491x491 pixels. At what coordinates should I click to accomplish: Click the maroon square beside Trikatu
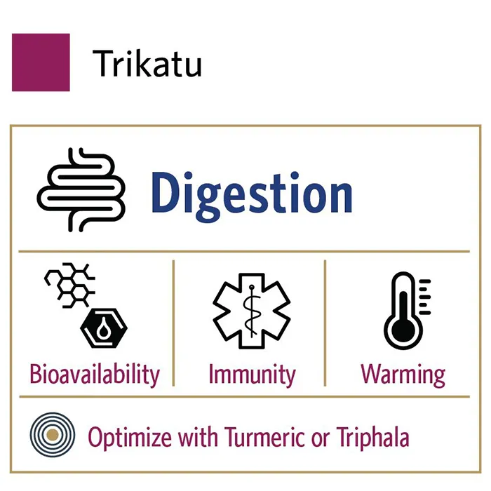point(41,62)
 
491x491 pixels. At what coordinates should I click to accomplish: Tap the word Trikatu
point(147,64)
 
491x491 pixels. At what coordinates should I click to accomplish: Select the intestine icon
point(81,190)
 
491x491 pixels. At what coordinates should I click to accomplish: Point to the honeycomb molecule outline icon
point(69,285)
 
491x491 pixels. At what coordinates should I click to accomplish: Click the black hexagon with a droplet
point(104,328)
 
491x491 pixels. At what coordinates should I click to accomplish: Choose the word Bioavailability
point(95,375)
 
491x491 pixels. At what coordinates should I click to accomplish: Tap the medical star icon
point(252,311)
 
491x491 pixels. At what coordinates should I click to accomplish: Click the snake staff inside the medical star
point(252,311)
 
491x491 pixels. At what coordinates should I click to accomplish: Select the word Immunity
point(252,375)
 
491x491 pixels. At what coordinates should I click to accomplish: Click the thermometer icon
point(407,311)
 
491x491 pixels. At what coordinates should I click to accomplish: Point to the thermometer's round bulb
point(403,331)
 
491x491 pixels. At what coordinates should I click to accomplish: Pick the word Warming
point(403,375)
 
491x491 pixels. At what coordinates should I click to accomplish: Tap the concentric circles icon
point(53,435)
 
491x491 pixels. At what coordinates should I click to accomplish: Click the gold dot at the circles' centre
point(53,435)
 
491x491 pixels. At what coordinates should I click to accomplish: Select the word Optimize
point(130,438)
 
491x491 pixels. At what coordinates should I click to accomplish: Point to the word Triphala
point(373,438)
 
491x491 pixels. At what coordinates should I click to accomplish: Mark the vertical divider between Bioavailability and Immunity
point(173,323)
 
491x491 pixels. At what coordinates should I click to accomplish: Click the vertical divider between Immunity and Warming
point(325,323)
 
